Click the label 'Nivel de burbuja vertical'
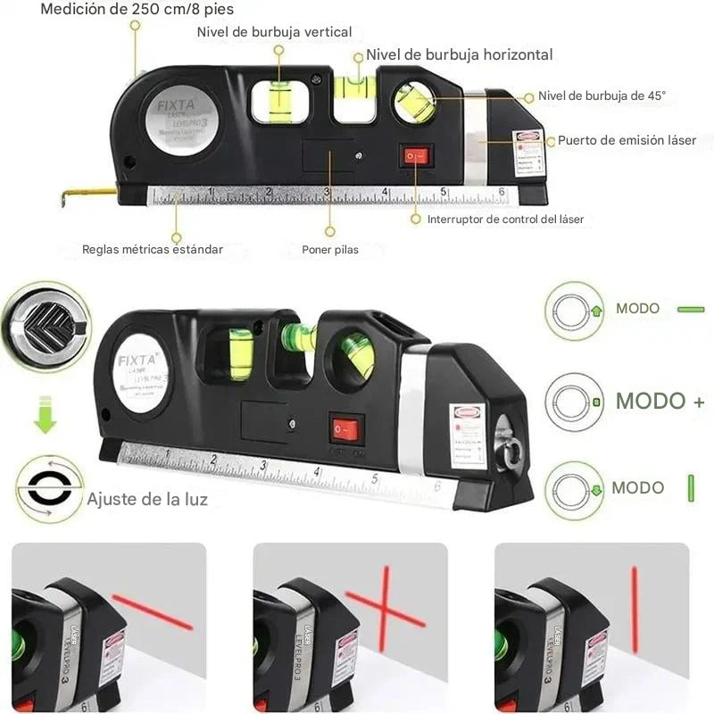point(274,32)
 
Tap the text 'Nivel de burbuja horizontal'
point(459,54)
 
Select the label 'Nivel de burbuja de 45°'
point(602,96)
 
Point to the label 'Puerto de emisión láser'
point(627,140)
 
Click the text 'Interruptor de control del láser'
point(505,219)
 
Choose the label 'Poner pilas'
point(330,250)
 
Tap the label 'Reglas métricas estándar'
point(153,250)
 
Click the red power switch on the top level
point(415,157)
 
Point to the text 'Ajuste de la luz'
point(147,499)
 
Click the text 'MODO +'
point(660,401)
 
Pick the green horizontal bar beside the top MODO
point(691,310)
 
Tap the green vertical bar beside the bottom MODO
point(691,488)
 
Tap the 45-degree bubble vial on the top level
point(415,103)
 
